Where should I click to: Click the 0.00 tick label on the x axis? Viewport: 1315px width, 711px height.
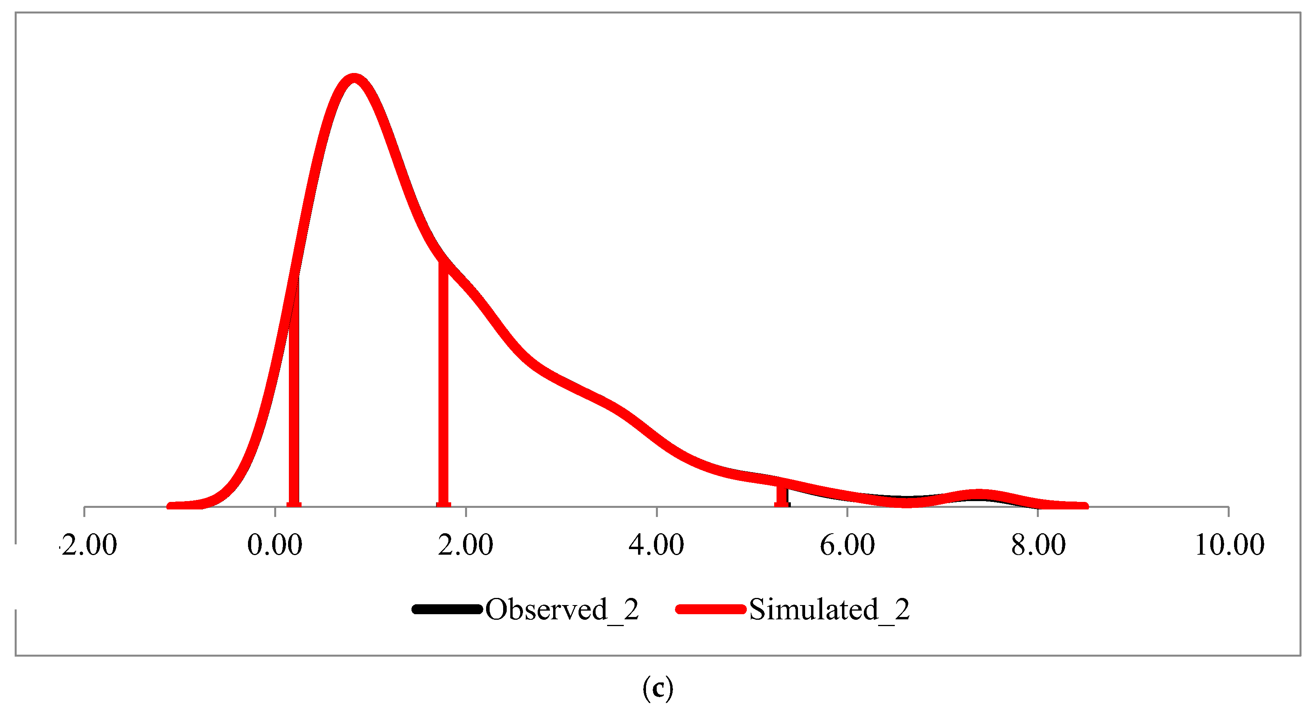[275, 545]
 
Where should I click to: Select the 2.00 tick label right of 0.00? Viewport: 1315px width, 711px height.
[465, 545]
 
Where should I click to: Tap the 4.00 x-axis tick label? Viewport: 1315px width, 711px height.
[656, 545]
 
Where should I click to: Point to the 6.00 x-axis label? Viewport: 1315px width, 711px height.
[848, 545]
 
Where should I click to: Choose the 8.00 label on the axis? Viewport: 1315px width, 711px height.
[1038, 545]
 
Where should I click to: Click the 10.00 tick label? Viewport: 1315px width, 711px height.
[1229, 545]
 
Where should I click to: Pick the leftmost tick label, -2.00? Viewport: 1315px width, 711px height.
[89, 545]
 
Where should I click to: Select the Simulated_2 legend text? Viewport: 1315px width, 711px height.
[829, 609]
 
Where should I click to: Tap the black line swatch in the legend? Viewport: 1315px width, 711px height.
[447, 609]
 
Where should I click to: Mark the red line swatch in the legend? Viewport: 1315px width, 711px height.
[711, 609]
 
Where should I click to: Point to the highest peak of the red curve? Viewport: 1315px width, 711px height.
[354, 78]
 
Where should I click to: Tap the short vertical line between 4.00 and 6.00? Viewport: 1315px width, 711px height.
[782, 495]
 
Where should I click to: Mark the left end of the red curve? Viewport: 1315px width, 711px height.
[171, 506]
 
